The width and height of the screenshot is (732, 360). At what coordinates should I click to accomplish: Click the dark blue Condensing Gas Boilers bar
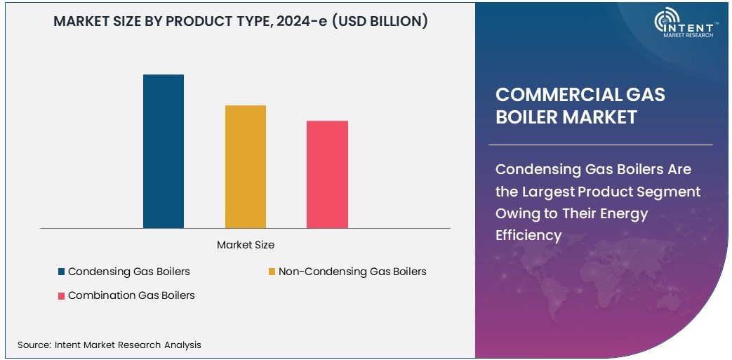[x=164, y=151]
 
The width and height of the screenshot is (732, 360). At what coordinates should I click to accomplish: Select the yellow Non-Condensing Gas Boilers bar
[x=246, y=166]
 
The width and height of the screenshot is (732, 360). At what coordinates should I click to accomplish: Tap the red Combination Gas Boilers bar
[x=327, y=174]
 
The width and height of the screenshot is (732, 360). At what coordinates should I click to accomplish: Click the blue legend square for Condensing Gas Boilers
[x=62, y=272]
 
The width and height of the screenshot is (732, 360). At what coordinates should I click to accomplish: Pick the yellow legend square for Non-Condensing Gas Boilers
[x=272, y=272]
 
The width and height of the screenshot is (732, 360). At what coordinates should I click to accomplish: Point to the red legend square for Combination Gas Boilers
[x=62, y=296]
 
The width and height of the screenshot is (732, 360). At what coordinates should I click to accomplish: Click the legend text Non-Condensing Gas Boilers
[x=352, y=272]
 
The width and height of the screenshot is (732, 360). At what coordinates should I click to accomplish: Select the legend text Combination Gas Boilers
[x=131, y=295]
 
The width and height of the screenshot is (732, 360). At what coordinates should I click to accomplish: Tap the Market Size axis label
[x=246, y=245]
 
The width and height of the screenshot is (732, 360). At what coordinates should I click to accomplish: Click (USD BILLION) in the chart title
[x=380, y=21]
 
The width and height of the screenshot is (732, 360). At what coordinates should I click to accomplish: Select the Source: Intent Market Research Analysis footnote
[x=109, y=345]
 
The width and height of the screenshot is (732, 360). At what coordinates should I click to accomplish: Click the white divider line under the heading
[x=601, y=145]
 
